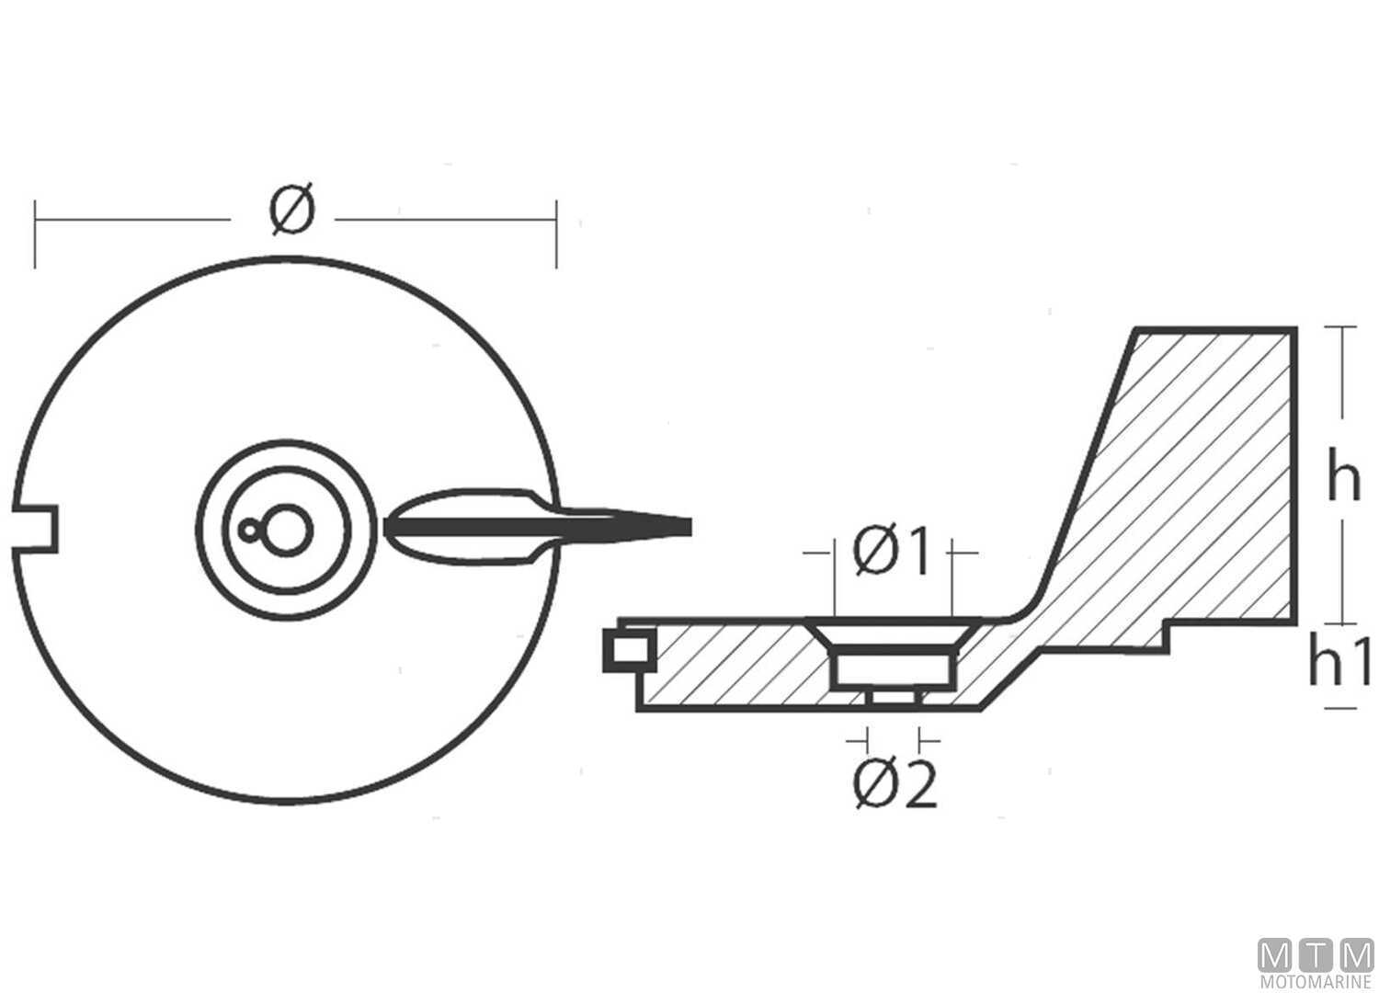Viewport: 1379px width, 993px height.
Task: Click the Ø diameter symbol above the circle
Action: [292, 209]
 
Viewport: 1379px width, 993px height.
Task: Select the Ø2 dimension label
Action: [895, 784]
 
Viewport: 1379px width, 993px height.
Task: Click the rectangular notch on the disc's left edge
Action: [35, 528]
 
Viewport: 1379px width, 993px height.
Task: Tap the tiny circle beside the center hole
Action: [249, 530]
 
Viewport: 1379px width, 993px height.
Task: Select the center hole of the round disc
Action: [286, 530]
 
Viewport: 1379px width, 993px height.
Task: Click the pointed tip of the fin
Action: [690, 527]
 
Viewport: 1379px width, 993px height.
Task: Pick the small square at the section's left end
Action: [629, 649]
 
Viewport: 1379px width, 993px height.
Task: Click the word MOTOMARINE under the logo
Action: [1316, 982]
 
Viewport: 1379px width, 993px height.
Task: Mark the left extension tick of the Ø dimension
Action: [35, 234]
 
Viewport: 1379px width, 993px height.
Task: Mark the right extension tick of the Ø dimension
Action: [556, 234]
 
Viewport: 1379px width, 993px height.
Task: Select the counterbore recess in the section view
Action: [895, 670]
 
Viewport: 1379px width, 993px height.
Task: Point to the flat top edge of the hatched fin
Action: [1216, 330]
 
